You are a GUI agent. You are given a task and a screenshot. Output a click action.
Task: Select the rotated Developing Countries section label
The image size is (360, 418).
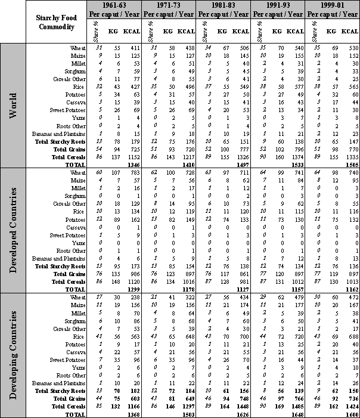click(x=13, y=352)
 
